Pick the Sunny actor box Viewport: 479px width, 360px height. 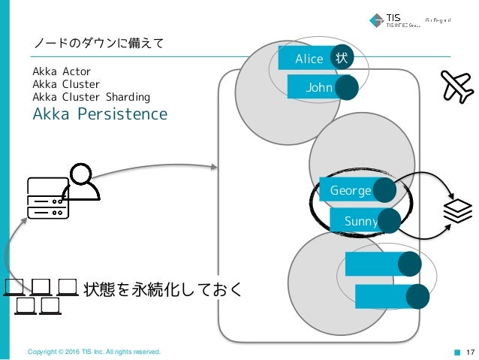coord(356,221)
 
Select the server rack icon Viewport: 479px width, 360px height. coord(47,199)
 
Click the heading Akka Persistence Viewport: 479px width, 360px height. coord(99,114)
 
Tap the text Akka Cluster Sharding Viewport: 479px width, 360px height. coord(91,97)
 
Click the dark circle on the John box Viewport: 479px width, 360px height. coord(346,88)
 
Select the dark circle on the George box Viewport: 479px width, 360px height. coord(384,191)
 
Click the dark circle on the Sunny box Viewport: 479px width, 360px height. coord(389,220)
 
